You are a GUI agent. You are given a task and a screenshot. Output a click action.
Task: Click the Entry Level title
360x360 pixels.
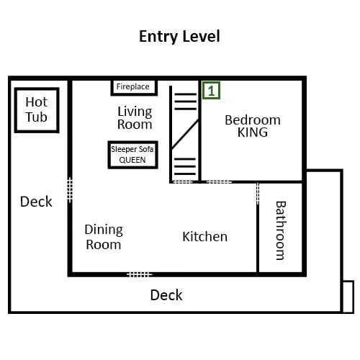(x=179, y=37)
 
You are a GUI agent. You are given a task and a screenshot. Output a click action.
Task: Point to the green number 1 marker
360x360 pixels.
(x=211, y=91)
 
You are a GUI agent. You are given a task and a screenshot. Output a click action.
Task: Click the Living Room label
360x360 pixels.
(x=135, y=118)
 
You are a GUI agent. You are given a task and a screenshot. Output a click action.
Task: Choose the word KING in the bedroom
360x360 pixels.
(x=253, y=132)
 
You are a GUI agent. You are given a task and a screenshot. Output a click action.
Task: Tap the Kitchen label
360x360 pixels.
(x=205, y=237)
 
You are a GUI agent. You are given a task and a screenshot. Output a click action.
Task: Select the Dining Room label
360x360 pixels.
(x=104, y=237)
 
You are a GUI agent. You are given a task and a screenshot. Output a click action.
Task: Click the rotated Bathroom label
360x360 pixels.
(x=281, y=230)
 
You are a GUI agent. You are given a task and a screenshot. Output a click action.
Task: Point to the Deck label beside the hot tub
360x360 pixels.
(x=36, y=202)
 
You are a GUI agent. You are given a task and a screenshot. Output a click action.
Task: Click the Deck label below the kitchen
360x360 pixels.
(x=166, y=295)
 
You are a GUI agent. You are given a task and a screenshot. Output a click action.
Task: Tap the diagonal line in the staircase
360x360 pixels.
(x=185, y=134)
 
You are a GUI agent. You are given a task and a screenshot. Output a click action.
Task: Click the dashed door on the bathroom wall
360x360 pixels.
(x=258, y=194)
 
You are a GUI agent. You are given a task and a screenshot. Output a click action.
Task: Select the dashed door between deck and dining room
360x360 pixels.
(x=70, y=190)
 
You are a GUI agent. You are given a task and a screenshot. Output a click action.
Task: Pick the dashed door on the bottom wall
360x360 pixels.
(x=140, y=274)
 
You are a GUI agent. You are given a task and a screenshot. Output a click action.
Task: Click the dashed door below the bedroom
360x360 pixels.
(x=219, y=182)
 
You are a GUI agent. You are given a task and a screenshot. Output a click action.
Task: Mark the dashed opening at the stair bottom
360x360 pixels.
(x=183, y=182)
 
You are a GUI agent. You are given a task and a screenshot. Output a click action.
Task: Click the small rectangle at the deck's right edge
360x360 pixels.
(x=348, y=297)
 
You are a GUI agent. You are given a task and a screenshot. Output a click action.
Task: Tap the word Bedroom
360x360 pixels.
(x=253, y=120)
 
